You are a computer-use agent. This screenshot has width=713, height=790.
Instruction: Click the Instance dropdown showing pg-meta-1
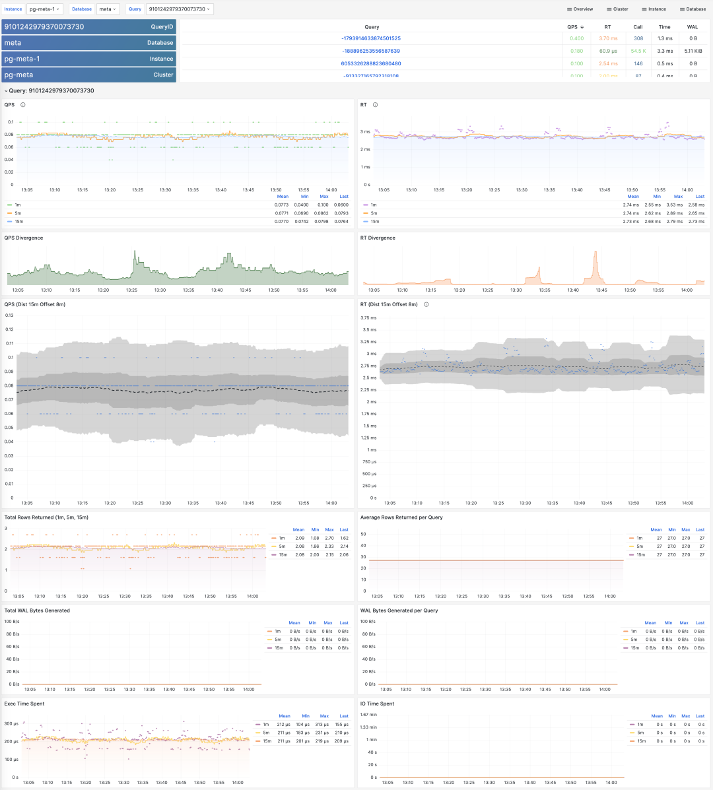click(45, 9)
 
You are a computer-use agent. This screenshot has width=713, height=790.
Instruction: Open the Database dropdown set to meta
click(108, 9)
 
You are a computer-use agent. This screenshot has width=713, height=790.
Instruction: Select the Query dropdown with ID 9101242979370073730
click(179, 9)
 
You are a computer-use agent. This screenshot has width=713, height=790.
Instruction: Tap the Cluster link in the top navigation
click(617, 9)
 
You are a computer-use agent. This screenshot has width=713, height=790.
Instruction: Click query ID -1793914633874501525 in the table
click(371, 38)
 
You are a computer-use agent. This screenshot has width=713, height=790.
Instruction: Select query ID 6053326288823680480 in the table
click(371, 63)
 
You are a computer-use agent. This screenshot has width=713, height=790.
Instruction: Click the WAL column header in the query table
click(693, 27)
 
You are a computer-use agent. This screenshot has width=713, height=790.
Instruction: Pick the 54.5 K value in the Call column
click(638, 51)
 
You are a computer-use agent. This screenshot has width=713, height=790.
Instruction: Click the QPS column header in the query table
click(574, 27)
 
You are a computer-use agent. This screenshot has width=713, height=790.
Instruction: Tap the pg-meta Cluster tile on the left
click(88, 75)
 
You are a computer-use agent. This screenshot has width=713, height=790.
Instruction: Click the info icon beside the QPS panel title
click(23, 105)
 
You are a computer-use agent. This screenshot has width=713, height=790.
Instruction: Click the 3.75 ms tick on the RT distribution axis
click(368, 317)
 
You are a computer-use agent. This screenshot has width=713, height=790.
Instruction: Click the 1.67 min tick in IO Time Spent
click(368, 715)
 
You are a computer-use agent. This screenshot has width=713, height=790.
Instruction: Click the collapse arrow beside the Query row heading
click(6, 91)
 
